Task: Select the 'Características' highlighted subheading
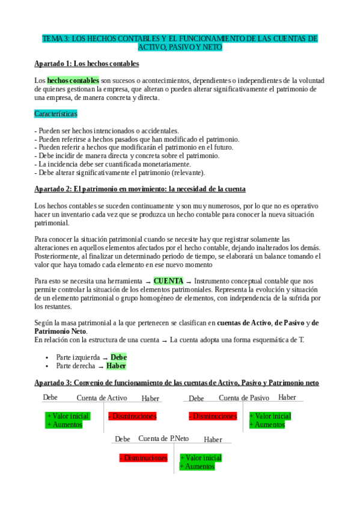56,113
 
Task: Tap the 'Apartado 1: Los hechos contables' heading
87,63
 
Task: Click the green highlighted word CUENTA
168,281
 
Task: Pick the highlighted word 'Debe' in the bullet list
118,357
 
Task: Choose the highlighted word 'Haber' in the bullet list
116,366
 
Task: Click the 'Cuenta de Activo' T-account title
102,398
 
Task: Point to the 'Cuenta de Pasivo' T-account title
243,398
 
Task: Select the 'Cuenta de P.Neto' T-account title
163,439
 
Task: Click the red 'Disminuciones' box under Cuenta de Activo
132,416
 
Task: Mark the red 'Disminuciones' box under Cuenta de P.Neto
143,458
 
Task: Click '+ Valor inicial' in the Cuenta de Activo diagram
67,416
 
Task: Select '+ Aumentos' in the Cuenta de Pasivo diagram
267,425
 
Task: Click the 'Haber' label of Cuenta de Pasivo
287,398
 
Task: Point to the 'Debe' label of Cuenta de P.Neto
123,440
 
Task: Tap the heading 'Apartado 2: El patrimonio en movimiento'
140,189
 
